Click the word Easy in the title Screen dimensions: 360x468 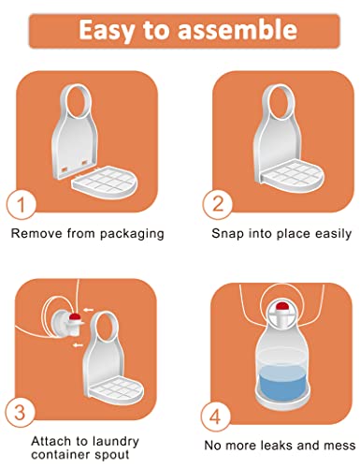[x=107, y=30]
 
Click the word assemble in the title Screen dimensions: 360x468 [x=238, y=29]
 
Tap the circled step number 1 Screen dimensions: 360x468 [x=21, y=205]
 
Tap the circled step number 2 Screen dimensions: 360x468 [x=218, y=203]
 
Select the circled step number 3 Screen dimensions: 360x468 [x=20, y=413]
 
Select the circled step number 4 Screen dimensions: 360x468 [x=215, y=417]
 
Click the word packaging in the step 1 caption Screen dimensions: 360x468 [x=132, y=234]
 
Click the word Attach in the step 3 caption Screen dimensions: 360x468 [x=51, y=441]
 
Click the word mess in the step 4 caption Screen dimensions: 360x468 [x=340, y=446]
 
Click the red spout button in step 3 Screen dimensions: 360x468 [x=75, y=317]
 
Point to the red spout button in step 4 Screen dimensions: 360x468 [x=283, y=306]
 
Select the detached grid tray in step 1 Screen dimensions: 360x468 [x=105, y=182]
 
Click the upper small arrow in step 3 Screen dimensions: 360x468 [x=89, y=310]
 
